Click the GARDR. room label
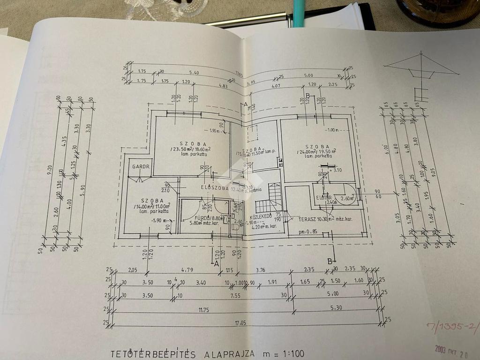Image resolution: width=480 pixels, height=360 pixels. pos(140,166)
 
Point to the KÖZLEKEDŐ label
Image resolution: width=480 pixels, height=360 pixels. pos(262,217)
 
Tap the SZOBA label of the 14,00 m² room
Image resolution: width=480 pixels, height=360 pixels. pos(148,200)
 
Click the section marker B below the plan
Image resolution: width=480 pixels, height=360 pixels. pos(330,261)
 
